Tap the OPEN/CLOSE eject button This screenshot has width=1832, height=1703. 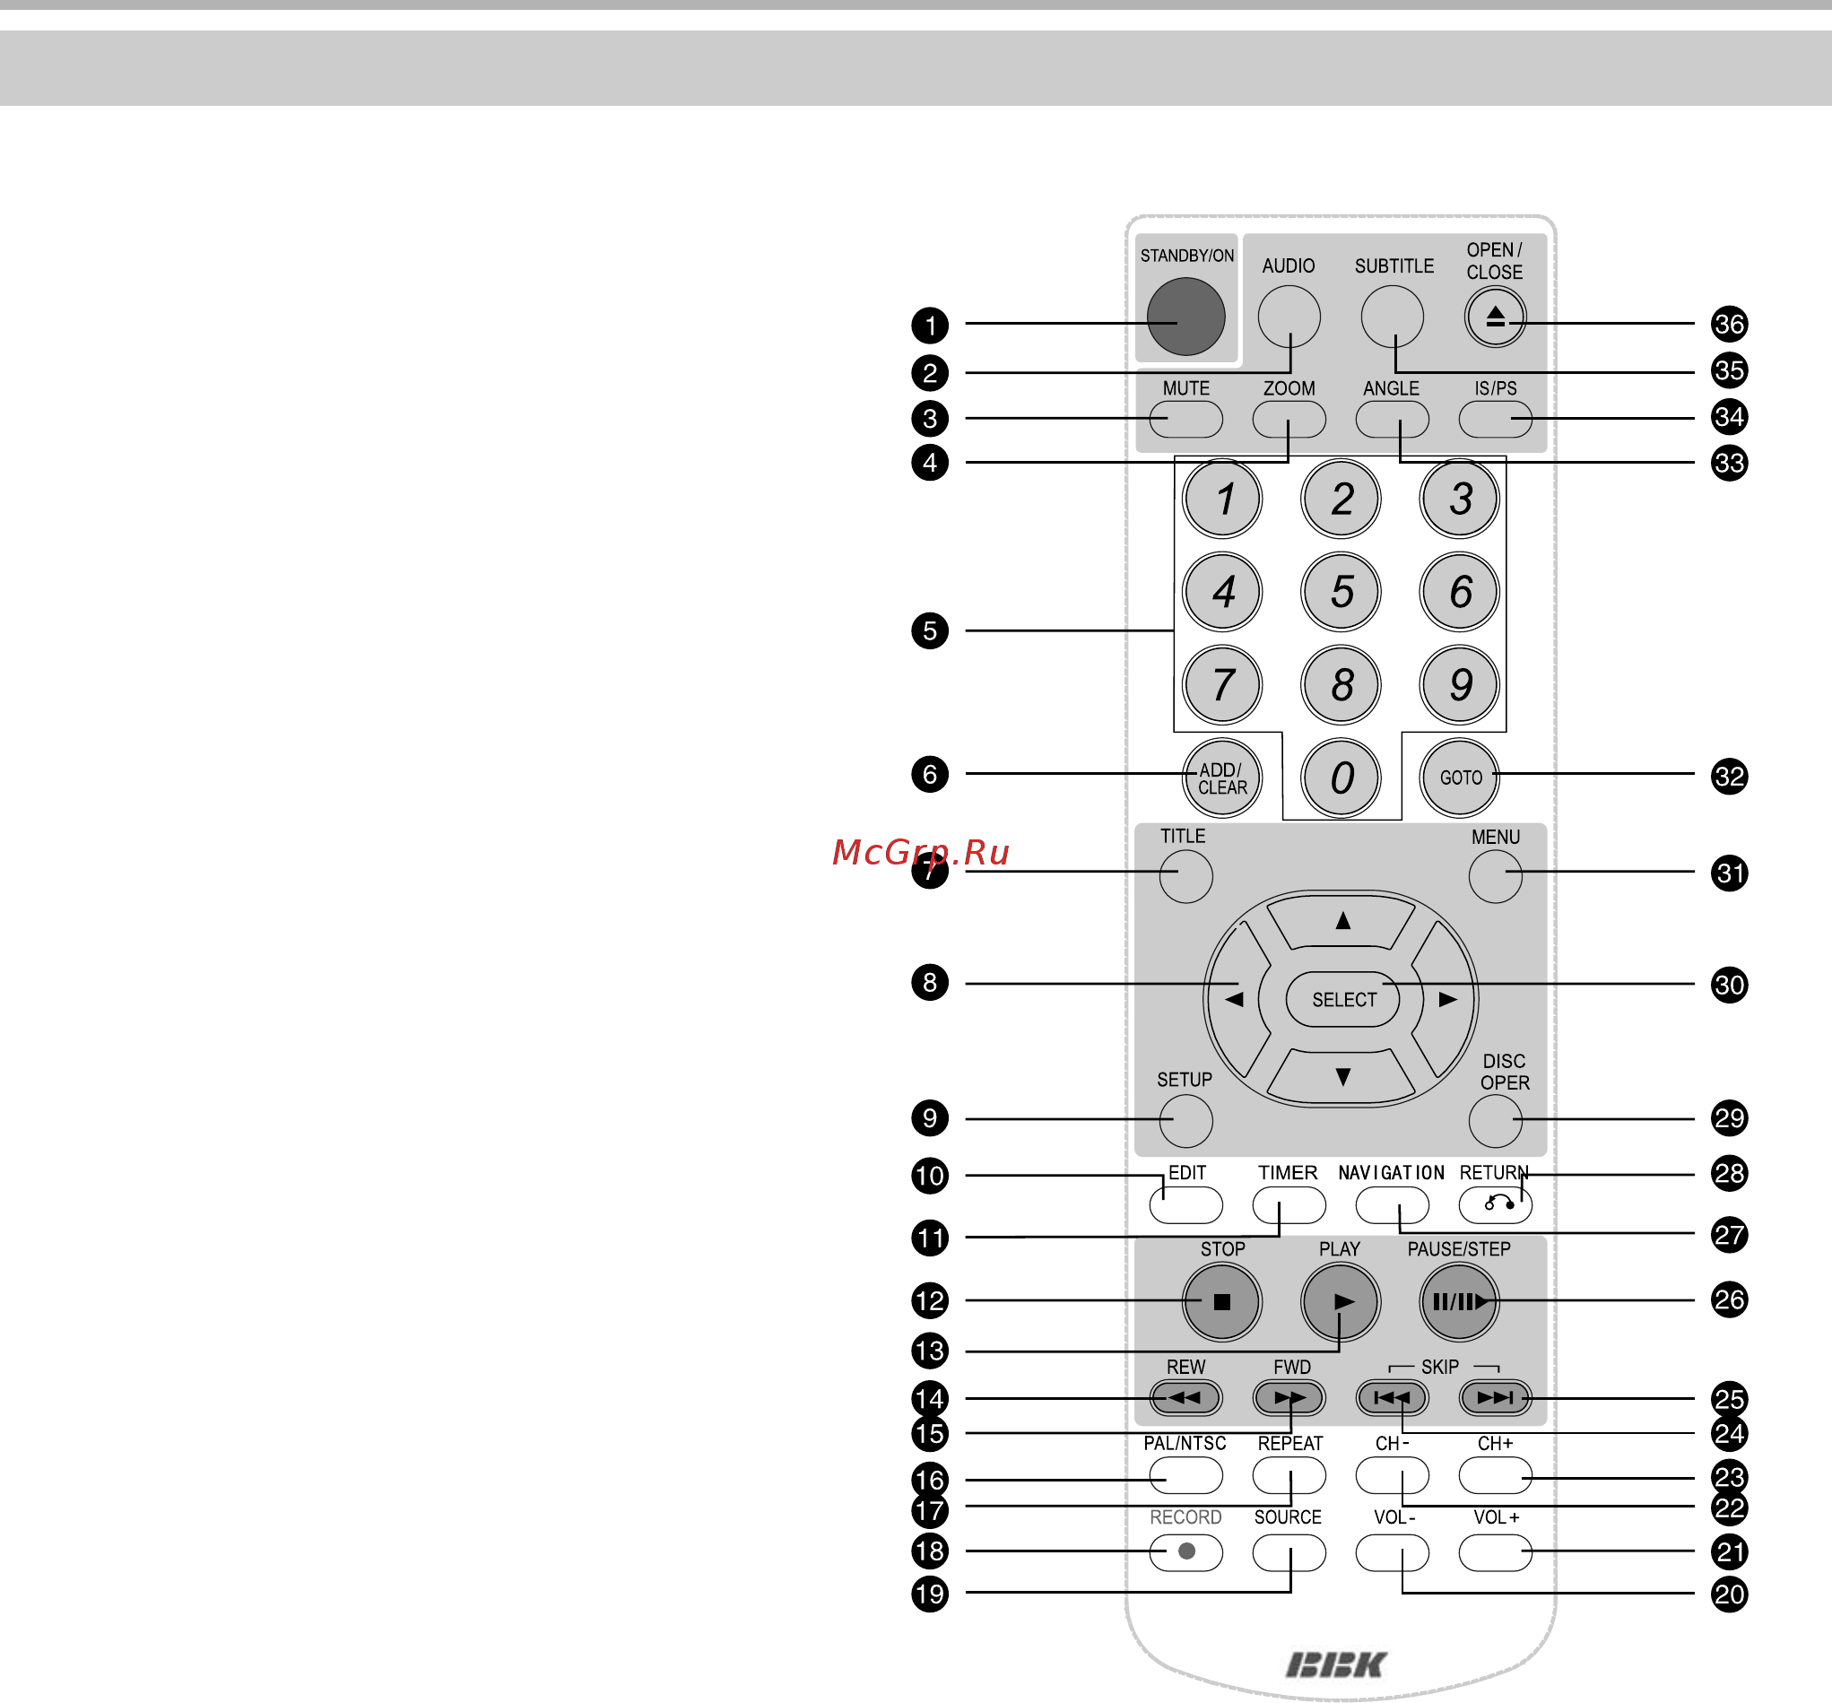[1495, 317]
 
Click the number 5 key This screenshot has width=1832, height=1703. [1341, 592]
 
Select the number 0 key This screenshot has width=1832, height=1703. [1341, 778]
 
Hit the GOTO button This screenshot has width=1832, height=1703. [1460, 778]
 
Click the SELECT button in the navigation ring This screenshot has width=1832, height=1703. [1342, 1000]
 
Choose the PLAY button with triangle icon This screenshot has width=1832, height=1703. [1341, 1301]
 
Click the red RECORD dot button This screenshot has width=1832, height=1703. [1186, 1551]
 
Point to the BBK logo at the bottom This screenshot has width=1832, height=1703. [1336, 1665]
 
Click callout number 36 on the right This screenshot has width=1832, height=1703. [1729, 324]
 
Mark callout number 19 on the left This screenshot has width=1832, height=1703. [930, 1594]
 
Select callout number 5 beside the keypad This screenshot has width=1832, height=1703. [930, 631]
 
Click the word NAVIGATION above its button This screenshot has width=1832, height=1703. [1391, 1173]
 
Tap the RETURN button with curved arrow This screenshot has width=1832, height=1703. [1495, 1204]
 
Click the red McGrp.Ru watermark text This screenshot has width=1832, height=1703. [921, 853]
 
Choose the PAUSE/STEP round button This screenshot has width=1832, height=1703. [1460, 1301]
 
